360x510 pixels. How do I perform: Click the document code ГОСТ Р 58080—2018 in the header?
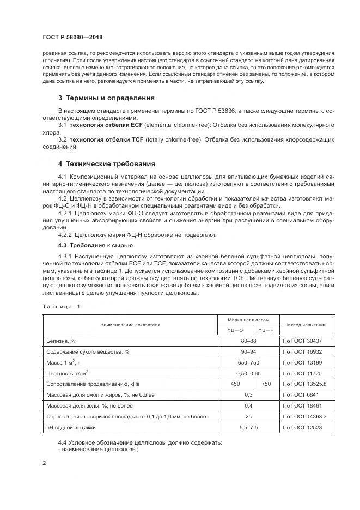coord(72,37)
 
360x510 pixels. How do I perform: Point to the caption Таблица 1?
coord(61,306)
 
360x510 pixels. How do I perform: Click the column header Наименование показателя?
coord(130,325)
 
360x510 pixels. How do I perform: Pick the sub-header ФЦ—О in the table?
coord(235,330)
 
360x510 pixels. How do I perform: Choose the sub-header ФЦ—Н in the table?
coord(266,330)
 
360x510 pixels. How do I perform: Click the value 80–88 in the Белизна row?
coord(248,341)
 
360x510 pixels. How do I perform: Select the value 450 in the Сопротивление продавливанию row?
coord(235,384)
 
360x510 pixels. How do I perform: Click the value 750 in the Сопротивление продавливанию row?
coord(266,384)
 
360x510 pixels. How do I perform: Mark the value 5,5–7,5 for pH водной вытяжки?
coord(248,427)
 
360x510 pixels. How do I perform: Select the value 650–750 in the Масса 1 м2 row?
coord(248,363)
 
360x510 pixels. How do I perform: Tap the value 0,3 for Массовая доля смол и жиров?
coord(248,394)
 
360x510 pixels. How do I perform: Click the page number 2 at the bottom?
coord(44,463)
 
